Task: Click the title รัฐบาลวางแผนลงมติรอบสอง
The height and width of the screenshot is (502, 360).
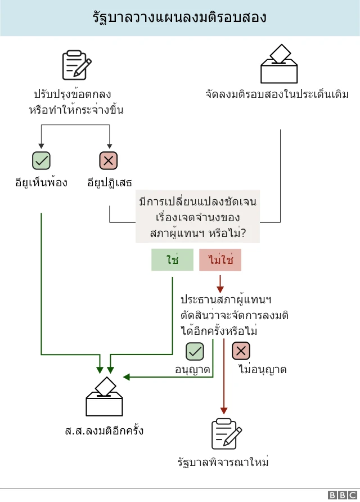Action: coord(179,18)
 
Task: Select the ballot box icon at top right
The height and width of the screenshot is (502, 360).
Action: coord(278,64)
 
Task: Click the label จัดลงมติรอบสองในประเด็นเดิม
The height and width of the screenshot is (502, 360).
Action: coord(277,94)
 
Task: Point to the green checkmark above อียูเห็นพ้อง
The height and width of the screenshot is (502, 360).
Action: coord(41,161)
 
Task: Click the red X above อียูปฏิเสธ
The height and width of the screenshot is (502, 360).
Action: coord(109,161)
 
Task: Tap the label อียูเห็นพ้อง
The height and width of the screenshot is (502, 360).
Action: coord(42,182)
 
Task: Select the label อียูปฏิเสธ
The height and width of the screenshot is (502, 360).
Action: coord(109,182)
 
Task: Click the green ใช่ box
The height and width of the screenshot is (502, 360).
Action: coord(172,260)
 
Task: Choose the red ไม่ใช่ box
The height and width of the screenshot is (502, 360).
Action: coord(220,260)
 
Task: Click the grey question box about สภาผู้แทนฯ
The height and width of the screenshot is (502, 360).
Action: coord(197,217)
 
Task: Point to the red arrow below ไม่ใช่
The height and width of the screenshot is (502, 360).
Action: coord(220,283)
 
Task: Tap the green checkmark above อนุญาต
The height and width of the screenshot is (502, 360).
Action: coord(195,351)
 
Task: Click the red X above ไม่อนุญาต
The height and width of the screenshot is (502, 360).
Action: coord(241,351)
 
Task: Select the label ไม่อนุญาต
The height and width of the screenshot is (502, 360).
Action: coord(263,370)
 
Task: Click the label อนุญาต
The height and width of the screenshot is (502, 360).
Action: coord(192,370)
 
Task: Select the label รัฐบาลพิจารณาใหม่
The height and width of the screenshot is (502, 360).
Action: coord(223,463)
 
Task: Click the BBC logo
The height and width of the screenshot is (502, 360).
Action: coord(341,495)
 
